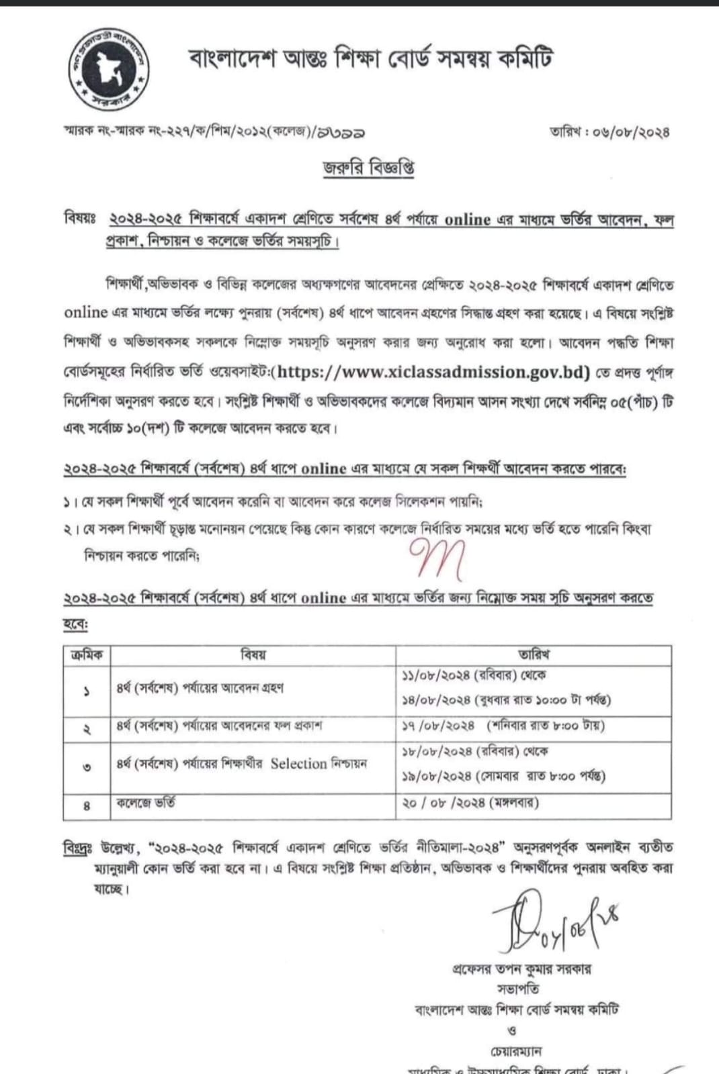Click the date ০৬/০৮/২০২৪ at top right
[x=632, y=132]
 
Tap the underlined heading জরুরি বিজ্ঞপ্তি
[x=368, y=168]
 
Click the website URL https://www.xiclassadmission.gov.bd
[x=433, y=372]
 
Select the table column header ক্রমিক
[x=87, y=654]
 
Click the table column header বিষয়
[x=253, y=654]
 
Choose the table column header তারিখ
[x=534, y=654]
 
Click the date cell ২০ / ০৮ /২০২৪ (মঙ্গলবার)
[x=470, y=802]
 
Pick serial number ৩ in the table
[x=87, y=767]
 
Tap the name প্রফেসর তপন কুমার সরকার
[x=522, y=969]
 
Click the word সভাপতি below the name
[x=518, y=989]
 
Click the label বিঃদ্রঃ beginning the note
[x=77, y=847]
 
